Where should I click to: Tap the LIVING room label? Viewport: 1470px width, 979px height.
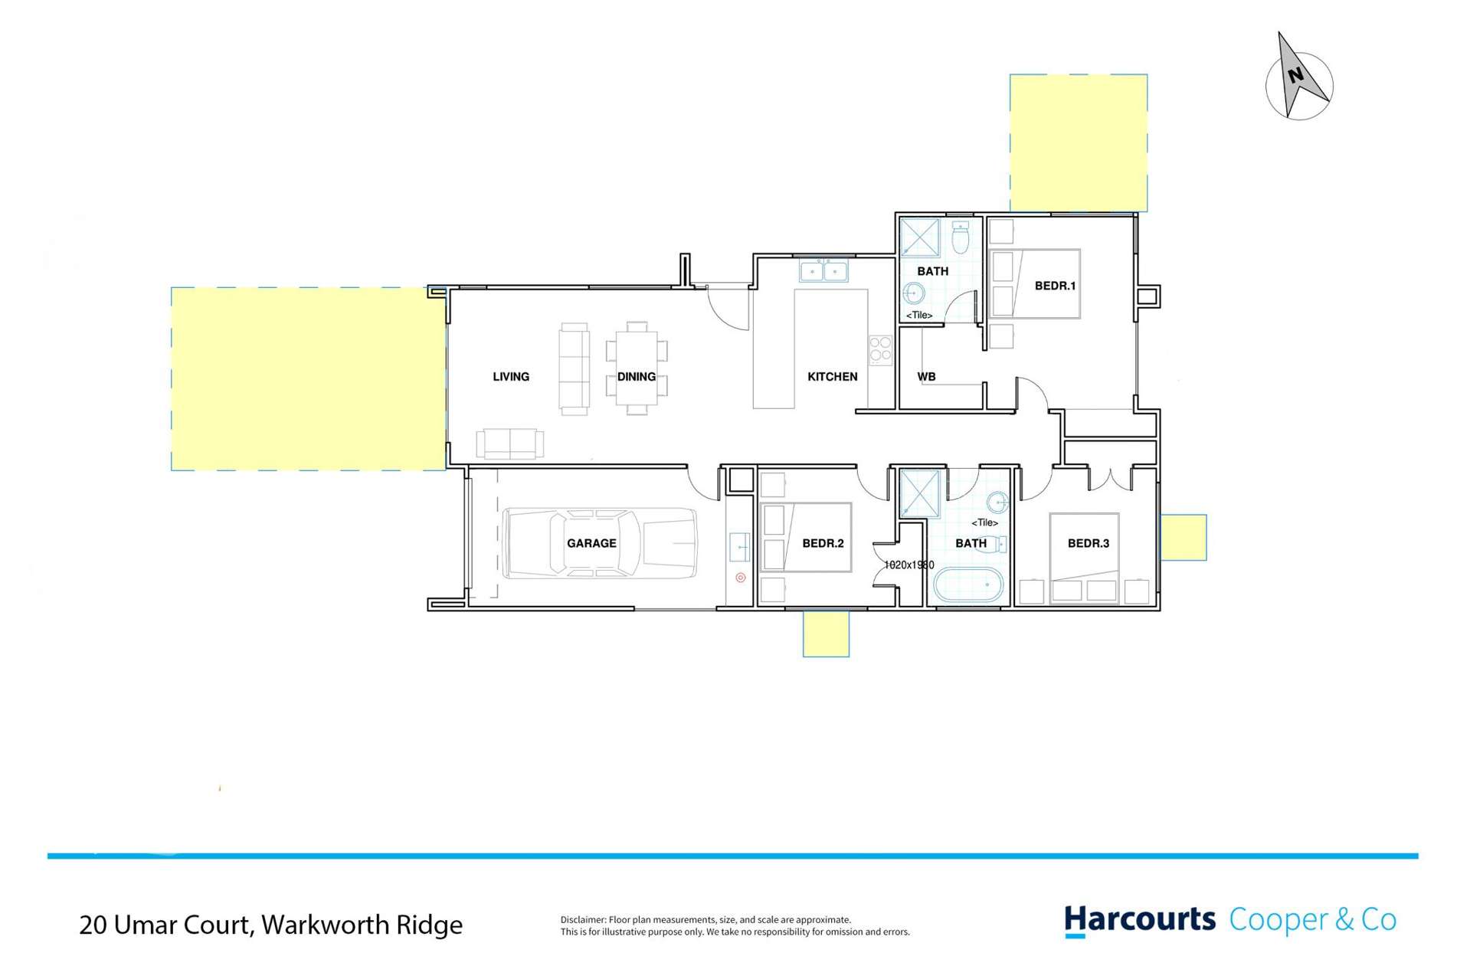pos(511,377)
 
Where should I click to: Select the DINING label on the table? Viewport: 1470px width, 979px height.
pos(636,377)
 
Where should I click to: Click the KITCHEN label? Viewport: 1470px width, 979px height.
pos(832,377)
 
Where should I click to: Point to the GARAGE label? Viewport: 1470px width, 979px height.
pos(591,543)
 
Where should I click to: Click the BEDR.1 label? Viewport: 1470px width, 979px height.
pos(1055,286)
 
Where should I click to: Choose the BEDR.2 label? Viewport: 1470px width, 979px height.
pos(823,543)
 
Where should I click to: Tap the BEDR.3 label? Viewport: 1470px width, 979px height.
pos(1088,543)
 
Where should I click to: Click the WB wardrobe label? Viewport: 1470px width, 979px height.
pos(926,377)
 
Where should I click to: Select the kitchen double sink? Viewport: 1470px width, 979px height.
pos(823,271)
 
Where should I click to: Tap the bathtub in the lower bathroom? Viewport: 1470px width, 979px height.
pos(967,586)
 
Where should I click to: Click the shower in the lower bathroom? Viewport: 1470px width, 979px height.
pos(918,493)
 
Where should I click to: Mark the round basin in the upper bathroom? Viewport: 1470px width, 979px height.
pos(913,293)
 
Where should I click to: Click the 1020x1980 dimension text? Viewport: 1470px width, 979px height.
pos(909,565)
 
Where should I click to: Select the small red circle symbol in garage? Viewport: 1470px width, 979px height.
pos(740,578)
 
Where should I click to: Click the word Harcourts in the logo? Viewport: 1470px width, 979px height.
pos(1139,920)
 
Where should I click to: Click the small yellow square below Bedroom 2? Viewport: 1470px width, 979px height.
pos(826,634)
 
